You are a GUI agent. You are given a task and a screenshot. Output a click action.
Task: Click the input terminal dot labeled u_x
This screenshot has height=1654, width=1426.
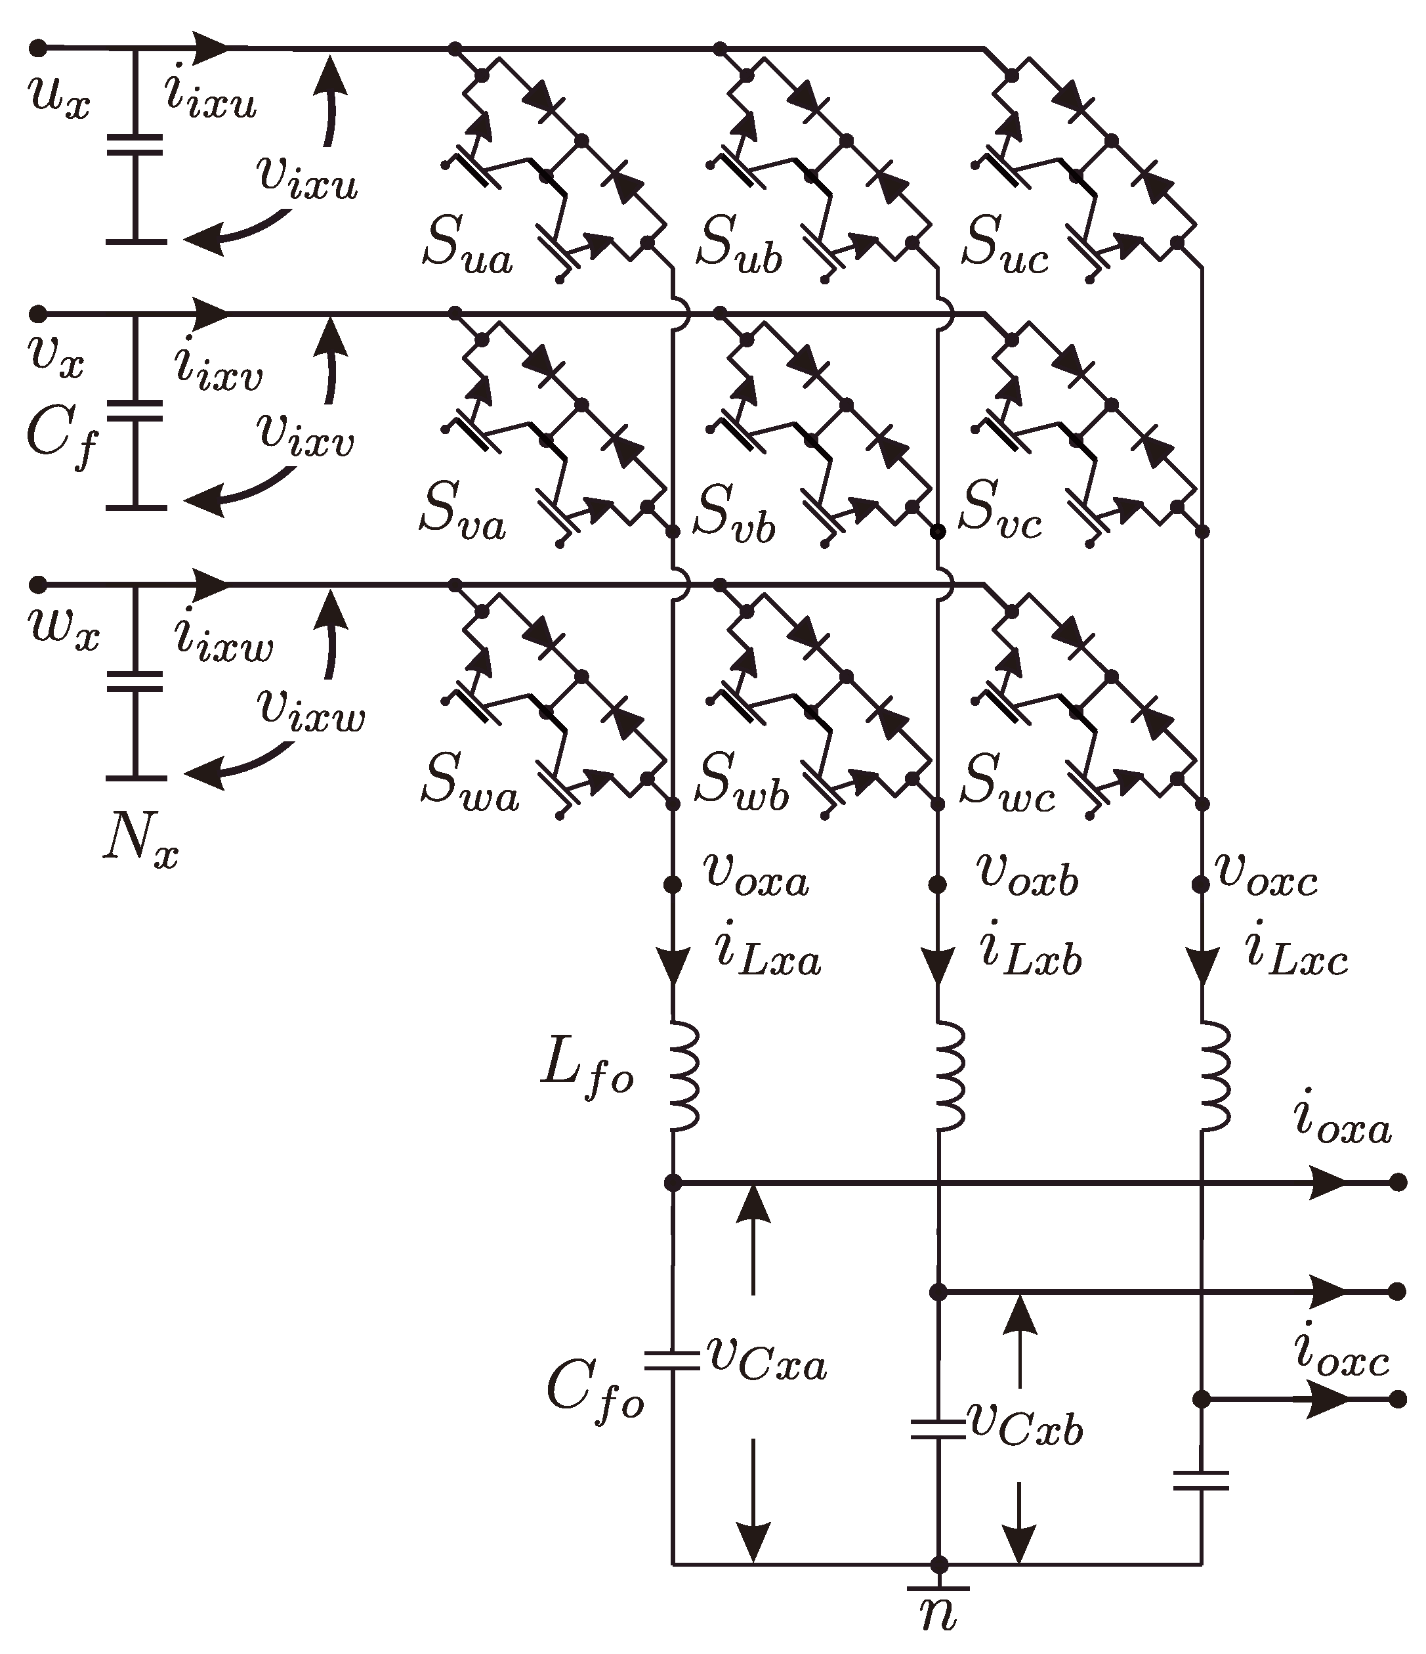click(37, 48)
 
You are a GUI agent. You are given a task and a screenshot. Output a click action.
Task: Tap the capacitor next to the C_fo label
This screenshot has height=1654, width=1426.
click(672, 1360)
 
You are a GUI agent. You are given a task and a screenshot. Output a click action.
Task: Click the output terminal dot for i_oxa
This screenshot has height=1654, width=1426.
click(1397, 1183)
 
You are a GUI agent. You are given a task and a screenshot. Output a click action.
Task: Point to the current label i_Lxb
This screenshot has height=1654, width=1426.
click(1030, 955)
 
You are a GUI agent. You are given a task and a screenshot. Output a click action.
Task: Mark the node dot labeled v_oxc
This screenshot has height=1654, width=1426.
click(1200, 884)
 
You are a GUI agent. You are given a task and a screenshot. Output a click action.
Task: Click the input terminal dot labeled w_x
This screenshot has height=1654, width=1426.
click(37, 584)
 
